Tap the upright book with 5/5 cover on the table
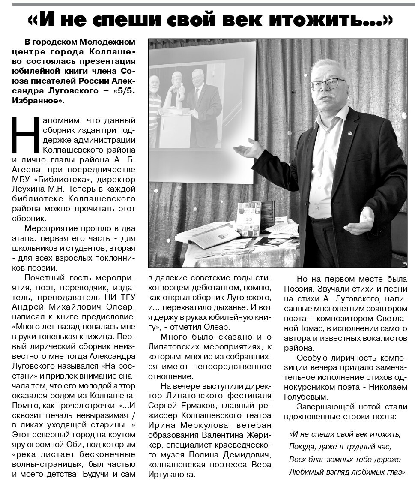pyautogui.click(x=248, y=219)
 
